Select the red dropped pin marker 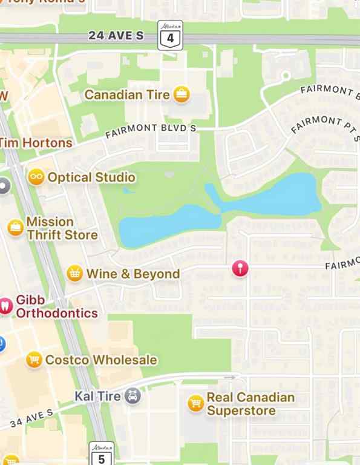pos(240,268)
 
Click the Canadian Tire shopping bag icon pos(181,94)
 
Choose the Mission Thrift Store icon pos(15,228)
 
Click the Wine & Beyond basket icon pos(74,274)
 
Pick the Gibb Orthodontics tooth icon pos(5,306)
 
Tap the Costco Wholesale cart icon pos(34,360)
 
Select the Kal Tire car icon pos(133,397)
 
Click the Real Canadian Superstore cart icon pos(195,404)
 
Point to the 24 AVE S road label pos(116,36)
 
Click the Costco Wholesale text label pos(101,360)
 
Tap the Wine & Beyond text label pos(133,274)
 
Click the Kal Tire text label pos(98,397)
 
